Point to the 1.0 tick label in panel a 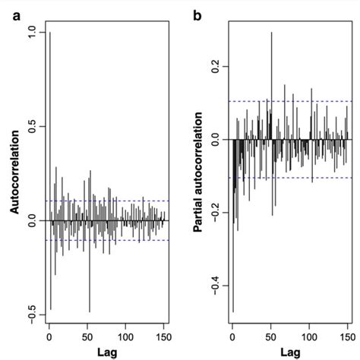click(x=31, y=33)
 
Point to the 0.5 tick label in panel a click(x=31, y=126)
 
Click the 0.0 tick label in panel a click(x=31, y=221)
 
